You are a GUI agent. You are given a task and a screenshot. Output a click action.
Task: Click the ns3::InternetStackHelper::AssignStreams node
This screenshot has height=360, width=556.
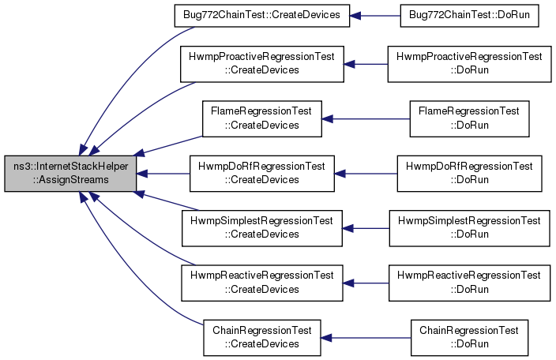click(x=70, y=173)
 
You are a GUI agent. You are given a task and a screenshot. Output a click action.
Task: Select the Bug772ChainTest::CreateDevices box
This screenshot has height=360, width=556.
click(x=261, y=15)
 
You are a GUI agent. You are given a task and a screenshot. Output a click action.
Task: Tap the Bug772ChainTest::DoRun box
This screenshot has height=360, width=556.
click(x=469, y=15)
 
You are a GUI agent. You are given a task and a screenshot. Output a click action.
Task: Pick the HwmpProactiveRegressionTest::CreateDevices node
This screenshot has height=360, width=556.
click(x=261, y=64)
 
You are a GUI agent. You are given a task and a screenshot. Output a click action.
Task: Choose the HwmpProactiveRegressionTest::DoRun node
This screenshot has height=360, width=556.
click(x=469, y=64)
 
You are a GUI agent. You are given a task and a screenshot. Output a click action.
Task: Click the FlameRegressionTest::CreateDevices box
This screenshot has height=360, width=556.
click(x=261, y=118)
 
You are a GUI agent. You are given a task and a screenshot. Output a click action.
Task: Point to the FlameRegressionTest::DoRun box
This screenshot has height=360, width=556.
click(x=469, y=118)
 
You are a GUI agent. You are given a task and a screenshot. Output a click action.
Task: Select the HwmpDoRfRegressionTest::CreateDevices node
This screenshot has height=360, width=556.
click(x=261, y=173)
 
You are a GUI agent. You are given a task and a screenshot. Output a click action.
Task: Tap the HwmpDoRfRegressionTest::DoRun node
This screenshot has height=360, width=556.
click(x=469, y=173)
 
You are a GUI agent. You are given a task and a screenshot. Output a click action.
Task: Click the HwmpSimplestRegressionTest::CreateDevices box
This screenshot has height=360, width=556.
click(x=261, y=228)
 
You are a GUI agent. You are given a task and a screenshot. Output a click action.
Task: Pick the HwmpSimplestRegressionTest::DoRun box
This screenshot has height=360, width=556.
click(x=469, y=228)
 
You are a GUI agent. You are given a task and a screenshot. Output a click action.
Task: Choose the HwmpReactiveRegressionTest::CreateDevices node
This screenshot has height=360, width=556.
click(x=261, y=283)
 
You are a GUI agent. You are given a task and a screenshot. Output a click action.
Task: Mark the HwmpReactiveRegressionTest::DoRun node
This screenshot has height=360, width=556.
click(x=469, y=283)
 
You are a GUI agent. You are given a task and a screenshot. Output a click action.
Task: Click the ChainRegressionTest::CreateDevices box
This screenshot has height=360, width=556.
click(x=261, y=338)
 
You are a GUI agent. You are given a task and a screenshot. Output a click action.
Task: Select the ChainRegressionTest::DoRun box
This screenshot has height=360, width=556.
click(x=469, y=338)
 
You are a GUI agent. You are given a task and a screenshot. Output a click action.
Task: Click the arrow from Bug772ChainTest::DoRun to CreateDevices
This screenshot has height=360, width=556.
click(x=375, y=16)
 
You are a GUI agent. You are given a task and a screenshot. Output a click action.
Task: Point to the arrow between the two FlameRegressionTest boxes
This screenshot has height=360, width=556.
click(x=366, y=119)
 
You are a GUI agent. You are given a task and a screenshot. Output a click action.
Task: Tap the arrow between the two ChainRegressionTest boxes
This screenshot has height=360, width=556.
click(x=366, y=338)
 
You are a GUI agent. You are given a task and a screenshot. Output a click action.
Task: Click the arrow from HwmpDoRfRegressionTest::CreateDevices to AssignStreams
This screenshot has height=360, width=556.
click(x=163, y=174)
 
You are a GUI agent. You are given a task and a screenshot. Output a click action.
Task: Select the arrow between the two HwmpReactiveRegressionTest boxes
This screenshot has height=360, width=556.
click(x=366, y=283)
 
